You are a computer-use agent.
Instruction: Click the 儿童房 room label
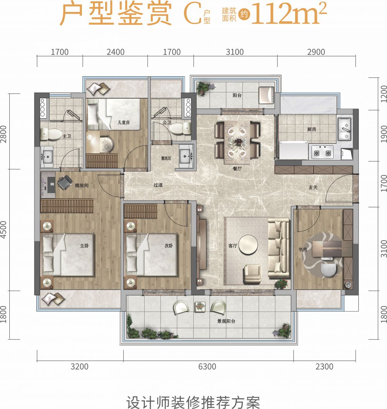123,122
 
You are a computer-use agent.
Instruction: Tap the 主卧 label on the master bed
84,246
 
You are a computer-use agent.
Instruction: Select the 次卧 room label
169,246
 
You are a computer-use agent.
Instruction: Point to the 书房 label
303,250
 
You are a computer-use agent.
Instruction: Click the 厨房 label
312,129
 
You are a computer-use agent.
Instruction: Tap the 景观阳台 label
226,321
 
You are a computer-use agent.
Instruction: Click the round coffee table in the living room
248,245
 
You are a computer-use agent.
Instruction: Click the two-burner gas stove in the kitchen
322,152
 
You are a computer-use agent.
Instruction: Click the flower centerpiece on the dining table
237,142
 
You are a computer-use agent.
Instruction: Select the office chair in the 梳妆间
65,182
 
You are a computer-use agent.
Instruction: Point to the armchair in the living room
252,274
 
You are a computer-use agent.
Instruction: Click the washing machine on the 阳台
266,95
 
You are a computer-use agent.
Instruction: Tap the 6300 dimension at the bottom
207,366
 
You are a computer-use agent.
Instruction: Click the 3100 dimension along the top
235,52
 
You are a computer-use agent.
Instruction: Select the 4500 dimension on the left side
3,230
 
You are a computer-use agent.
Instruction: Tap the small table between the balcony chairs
200,307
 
